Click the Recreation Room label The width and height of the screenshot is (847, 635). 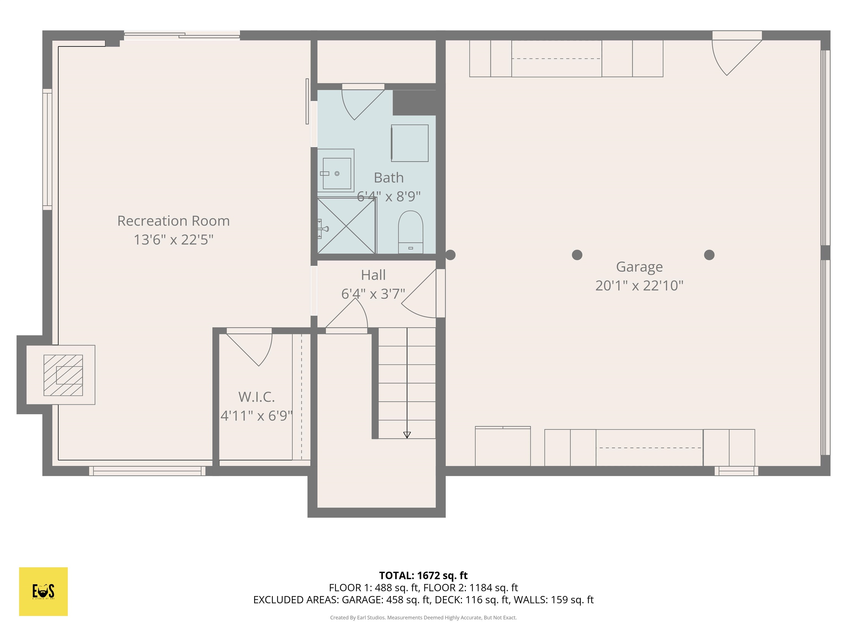pyautogui.click(x=173, y=221)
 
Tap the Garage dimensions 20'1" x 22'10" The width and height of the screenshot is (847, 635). pyautogui.click(x=639, y=286)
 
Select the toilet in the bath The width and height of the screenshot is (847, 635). pyautogui.click(x=411, y=232)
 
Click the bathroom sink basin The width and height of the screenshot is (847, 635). pyautogui.click(x=337, y=173)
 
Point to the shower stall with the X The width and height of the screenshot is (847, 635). pyautogui.click(x=346, y=226)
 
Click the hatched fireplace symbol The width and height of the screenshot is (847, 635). pyautogui.click(x=63, y=375)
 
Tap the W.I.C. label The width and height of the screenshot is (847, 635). pyautogui.click(x=256, y=397)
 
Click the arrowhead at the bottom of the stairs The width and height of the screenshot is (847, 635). pyautogui.click(x=407, y=435)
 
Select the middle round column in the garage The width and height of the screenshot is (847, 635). pyautogui.click(x=577, y=255)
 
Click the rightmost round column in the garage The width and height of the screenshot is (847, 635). pyautogui.click(x=709, y=255)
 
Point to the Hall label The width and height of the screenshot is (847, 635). pyautogui.click(x=373, y=275)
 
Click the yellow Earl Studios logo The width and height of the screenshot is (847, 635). pyautogui.click(x=43, y=591)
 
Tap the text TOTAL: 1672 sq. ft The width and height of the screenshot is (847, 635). pyautogui.click(x=423, y=575)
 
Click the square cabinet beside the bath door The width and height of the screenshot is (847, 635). pyautogui.click(x=409, y=143)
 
